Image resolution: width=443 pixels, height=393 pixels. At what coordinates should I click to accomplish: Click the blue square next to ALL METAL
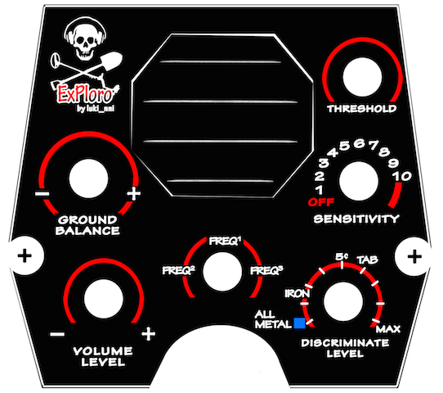point(299,323)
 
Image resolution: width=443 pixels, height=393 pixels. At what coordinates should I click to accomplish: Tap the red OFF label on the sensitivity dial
point(321,202)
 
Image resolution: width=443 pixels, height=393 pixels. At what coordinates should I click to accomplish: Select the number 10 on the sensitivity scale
point(402,176)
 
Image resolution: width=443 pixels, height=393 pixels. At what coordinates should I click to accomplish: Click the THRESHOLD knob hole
point(362,77)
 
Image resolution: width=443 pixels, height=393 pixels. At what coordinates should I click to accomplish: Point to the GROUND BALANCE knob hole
point(88,178)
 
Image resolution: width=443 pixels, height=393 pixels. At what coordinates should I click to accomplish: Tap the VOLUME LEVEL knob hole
point(104,299)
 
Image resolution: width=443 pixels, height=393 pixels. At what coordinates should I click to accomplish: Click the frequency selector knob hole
point(222,272)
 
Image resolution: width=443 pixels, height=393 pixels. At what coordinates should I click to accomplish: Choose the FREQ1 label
point(225,241)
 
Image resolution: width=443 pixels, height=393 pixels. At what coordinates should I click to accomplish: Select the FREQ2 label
point(178,270)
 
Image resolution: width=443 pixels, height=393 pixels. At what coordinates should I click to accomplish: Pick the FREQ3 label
point(266,270)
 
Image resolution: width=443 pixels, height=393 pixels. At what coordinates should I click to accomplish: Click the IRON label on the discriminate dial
point(297,294)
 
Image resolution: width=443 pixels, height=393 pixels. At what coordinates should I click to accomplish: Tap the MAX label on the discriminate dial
point(388,329)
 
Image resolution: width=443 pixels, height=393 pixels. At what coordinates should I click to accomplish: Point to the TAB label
point(367,260)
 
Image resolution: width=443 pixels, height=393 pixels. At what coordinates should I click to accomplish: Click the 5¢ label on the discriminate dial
point(342,256)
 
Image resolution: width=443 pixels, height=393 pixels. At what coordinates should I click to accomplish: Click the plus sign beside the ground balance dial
point(133,194)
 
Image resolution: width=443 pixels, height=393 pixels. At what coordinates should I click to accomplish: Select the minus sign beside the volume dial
point(57,335)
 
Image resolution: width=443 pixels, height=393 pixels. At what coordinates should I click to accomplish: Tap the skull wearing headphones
point(85,40)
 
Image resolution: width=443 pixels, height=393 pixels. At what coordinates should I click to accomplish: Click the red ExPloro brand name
point(86,93)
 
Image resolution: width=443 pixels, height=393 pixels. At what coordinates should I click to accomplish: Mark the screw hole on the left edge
point(25,256)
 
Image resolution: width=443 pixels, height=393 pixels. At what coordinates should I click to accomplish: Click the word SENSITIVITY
point(356,219)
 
